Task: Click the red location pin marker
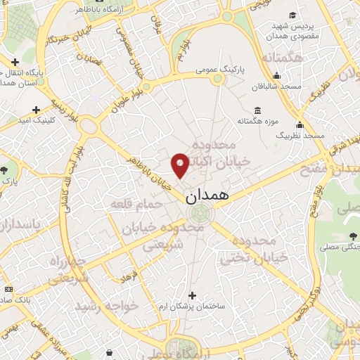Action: coord(180,165)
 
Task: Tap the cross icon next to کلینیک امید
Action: coord(37,110)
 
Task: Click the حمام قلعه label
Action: coord(136,204)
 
